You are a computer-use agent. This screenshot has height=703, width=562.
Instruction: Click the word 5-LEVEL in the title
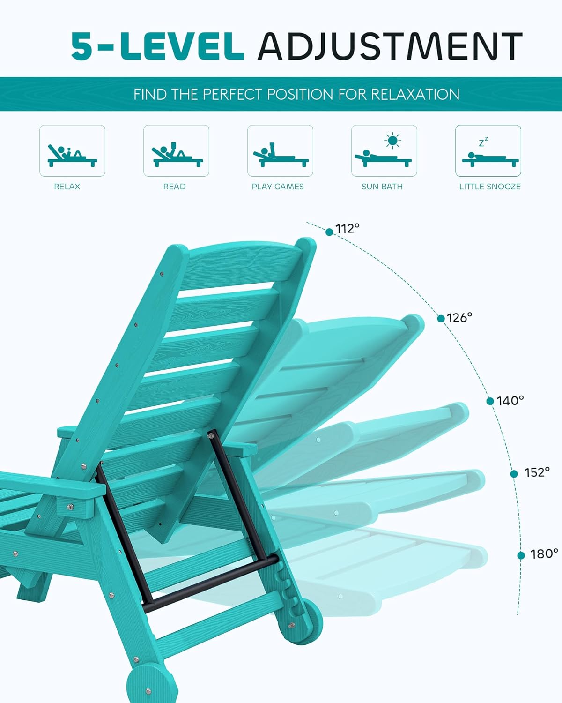[157, 46]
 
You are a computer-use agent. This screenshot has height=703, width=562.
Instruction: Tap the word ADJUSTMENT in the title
[390, 46]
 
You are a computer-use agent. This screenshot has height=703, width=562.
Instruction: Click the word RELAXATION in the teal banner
[415, 94]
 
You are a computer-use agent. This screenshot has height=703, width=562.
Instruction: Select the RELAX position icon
[72, 151]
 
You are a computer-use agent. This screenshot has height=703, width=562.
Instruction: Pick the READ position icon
[176, 151]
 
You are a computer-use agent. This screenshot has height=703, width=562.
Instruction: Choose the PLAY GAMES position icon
[280, 151]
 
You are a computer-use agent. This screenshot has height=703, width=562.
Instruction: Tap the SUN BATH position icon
[384, 151]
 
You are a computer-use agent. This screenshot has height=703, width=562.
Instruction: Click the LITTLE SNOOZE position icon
[488, 151]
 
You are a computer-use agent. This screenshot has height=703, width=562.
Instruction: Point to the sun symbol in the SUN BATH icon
[392, 140]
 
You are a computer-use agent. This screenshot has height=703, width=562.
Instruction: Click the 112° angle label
[348, 229]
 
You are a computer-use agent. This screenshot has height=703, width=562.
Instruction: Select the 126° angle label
[459, 318]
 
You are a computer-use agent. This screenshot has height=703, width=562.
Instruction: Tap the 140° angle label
[510, 401]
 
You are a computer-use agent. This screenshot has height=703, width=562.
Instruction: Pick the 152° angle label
[537, 472]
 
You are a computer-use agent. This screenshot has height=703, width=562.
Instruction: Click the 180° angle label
[544, 554]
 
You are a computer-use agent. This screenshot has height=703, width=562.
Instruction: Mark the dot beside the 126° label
[441, 319]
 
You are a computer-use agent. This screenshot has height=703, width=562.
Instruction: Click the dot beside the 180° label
[521, 555]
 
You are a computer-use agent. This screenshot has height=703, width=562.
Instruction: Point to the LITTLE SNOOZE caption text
[490, 187]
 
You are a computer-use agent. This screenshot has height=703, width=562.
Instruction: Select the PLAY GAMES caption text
[278, 187]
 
